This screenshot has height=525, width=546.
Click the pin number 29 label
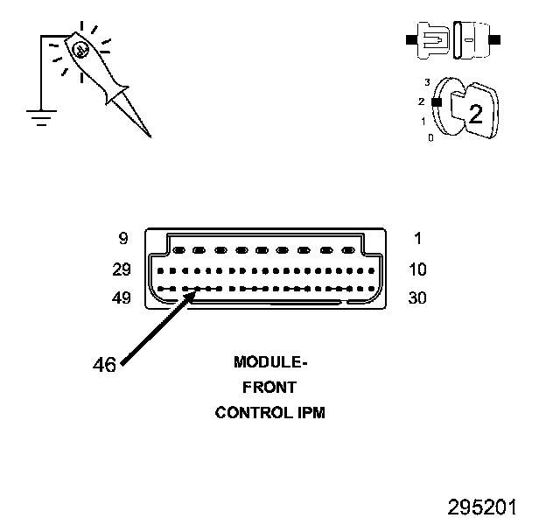point(122,269)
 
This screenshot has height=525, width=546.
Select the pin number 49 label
point(122,298)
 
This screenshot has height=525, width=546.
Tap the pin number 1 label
point(417,239)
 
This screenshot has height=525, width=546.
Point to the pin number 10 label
point(417,269)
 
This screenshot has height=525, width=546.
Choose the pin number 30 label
point(417,298)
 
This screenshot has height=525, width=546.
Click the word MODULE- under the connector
point(270,361)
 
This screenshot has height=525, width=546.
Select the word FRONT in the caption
point(270,387)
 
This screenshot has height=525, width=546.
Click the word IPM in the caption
point(311,412)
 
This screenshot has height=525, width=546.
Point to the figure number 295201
point(482,507)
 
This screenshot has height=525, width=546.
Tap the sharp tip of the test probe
point(149,136)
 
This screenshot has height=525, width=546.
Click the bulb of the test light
point(80,50)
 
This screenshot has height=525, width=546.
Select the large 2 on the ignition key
point(476,112)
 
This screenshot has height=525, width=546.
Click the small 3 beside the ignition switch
point(426,82)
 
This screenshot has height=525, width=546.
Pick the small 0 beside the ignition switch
point(430,137)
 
